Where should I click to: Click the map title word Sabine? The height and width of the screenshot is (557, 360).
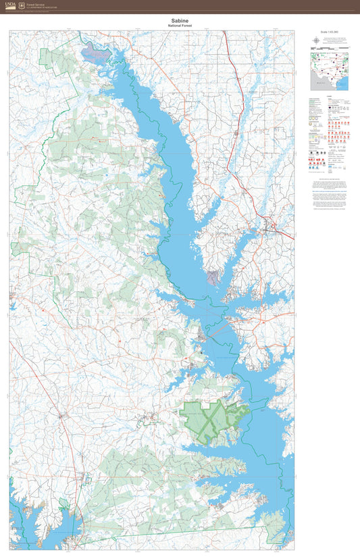(180, 21)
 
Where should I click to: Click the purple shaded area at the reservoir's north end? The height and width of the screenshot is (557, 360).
(95, 51)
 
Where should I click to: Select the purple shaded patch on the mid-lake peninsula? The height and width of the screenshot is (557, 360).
(213, 276)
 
